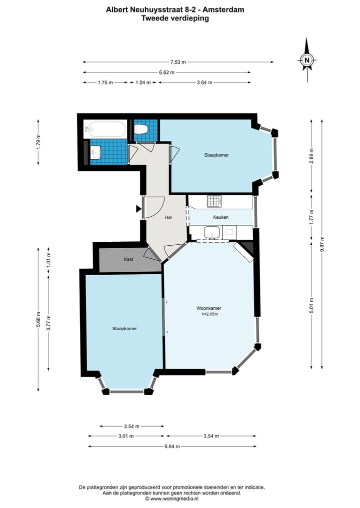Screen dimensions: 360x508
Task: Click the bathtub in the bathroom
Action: point(104,129)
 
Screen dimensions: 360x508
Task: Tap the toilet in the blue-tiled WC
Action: point(141,129)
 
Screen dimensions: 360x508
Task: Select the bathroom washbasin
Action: point(95,152)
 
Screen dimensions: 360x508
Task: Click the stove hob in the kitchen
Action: point(214,201)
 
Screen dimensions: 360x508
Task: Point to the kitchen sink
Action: point(212,233)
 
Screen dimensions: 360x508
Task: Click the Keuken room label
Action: point(221,217)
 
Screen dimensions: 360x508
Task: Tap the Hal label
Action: point(168,217)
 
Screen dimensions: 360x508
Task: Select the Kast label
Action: point(128,259)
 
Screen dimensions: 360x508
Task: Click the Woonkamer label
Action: point(209,308)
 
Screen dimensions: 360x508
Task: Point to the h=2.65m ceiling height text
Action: point(209,314)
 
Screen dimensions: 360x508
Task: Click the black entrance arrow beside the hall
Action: point(138,209)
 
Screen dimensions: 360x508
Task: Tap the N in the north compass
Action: point(307,60)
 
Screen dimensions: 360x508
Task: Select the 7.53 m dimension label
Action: point(178,62)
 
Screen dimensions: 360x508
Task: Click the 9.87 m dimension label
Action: point(321,244)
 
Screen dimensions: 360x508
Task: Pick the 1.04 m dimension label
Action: point(143,82)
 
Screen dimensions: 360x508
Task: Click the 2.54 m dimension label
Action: point(131,427)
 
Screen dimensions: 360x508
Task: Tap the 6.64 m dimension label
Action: point(172,447)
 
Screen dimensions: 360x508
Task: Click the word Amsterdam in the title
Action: point(223,9)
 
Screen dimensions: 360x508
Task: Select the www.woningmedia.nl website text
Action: point(174,499)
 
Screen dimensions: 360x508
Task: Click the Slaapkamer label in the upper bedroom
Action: point(216,155)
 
